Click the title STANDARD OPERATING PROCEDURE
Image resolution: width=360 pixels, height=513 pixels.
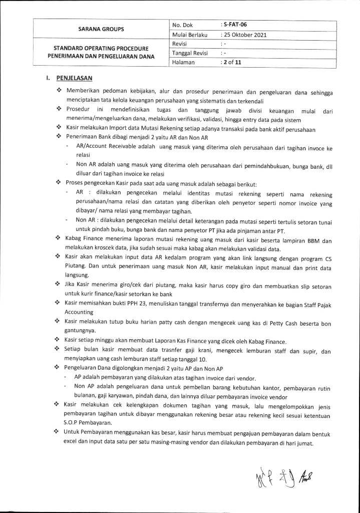102,49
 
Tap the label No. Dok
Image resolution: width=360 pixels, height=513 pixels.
183,24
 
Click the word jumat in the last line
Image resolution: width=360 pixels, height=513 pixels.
304,443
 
